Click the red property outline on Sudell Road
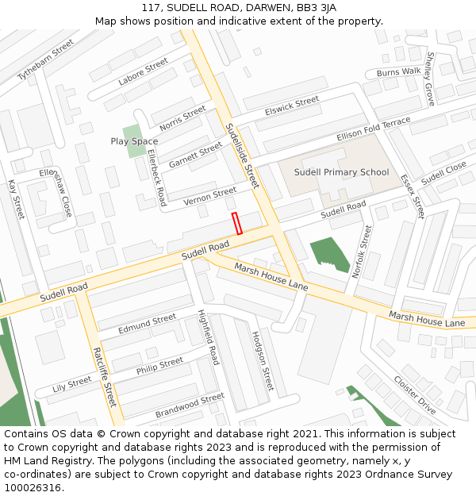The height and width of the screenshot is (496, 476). [x=236, y=223]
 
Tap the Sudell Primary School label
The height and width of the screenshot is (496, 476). [x=341, y=172]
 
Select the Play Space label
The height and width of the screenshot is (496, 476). [x=134, y=141]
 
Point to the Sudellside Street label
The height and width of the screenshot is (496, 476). [x=242, y=155]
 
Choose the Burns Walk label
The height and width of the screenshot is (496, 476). [x=399, y=72]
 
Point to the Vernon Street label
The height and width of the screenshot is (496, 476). [x=210, y=196]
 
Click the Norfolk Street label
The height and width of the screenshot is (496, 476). [x=361, y=251]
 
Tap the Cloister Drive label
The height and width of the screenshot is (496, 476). [x=415, y=394]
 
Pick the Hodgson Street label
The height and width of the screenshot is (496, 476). [x=263, y=361]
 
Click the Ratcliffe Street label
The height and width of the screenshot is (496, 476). [x=105, y=377]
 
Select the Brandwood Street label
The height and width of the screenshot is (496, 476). [x=190, y=405]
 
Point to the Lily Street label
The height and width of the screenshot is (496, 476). [x=72, y=385]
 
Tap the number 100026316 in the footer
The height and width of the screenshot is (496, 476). [x=31, y=487]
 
